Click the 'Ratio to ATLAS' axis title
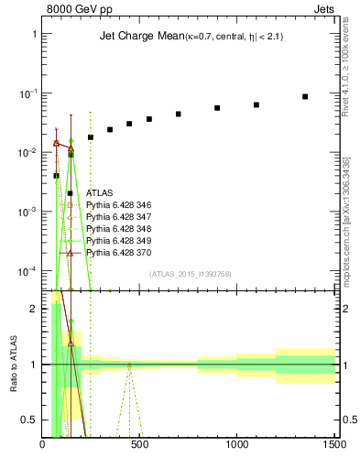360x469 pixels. pyautogui.click(x=12, y=364)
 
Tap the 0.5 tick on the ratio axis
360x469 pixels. pyautogui.click(x=31, y=420)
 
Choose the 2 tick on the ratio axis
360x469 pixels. pyautogui.click(x=35, y=309)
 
